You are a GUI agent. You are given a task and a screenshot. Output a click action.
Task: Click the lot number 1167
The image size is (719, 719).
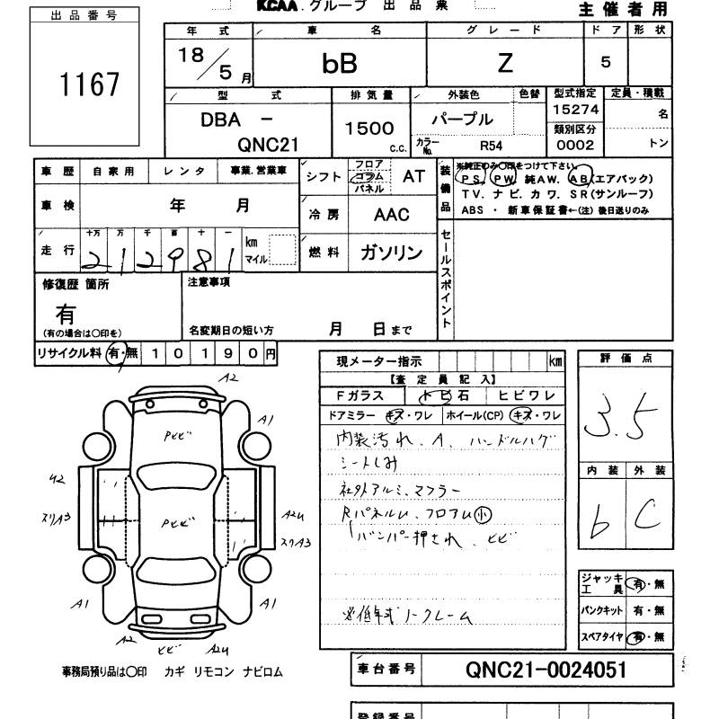pos(89,84)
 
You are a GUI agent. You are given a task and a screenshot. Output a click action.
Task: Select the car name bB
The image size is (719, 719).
pos(340,63)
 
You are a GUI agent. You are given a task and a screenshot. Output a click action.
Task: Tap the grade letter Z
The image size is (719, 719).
pos(505,62)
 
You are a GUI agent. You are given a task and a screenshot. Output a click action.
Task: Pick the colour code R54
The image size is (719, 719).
pos(492,144)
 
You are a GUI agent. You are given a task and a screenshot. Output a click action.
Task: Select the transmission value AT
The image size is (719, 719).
pos(413,177)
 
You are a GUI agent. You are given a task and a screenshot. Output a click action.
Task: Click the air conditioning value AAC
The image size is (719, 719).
pos(391,215)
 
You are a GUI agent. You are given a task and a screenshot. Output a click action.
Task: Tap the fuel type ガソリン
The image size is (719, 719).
pos(392,253)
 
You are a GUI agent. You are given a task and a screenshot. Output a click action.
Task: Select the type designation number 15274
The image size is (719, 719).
pos(576,110)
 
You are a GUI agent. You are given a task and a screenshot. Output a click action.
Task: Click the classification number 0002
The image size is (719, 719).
pos(575,145)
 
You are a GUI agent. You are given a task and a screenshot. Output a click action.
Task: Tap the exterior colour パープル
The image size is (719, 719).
pos(464,119)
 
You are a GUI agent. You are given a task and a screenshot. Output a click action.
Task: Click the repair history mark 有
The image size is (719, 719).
pos(66,314)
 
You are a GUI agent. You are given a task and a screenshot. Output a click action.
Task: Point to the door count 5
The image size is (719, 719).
pos(606,62)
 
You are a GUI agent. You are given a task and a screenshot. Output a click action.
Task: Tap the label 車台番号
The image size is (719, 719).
pos(385,669)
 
